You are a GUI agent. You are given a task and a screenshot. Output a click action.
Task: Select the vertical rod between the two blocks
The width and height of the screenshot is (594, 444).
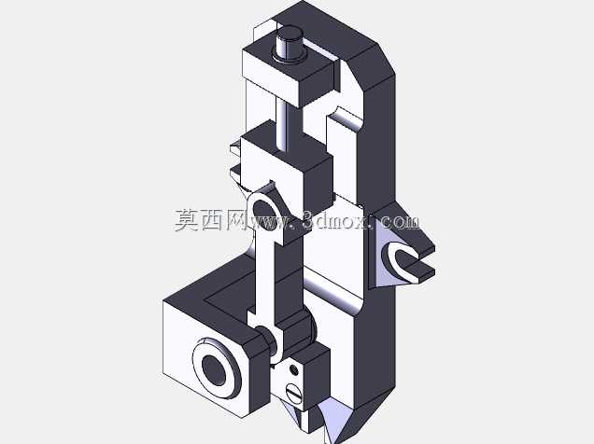[x=283, y=122]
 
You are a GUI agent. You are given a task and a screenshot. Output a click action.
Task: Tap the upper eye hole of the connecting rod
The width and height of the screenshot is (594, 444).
[x=262, y=210]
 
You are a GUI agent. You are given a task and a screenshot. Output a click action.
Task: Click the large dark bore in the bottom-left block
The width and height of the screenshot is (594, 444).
[x=214, y=370]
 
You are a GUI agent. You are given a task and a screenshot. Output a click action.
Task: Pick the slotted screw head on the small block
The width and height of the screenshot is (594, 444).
[x=294, y=395]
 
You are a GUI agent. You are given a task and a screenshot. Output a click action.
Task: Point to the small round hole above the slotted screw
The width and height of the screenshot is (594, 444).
[x=294, y=369]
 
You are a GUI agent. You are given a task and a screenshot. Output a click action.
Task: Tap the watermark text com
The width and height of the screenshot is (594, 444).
[x=400, y=220]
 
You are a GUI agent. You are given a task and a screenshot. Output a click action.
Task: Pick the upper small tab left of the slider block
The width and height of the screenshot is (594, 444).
[x=234, y=147]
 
